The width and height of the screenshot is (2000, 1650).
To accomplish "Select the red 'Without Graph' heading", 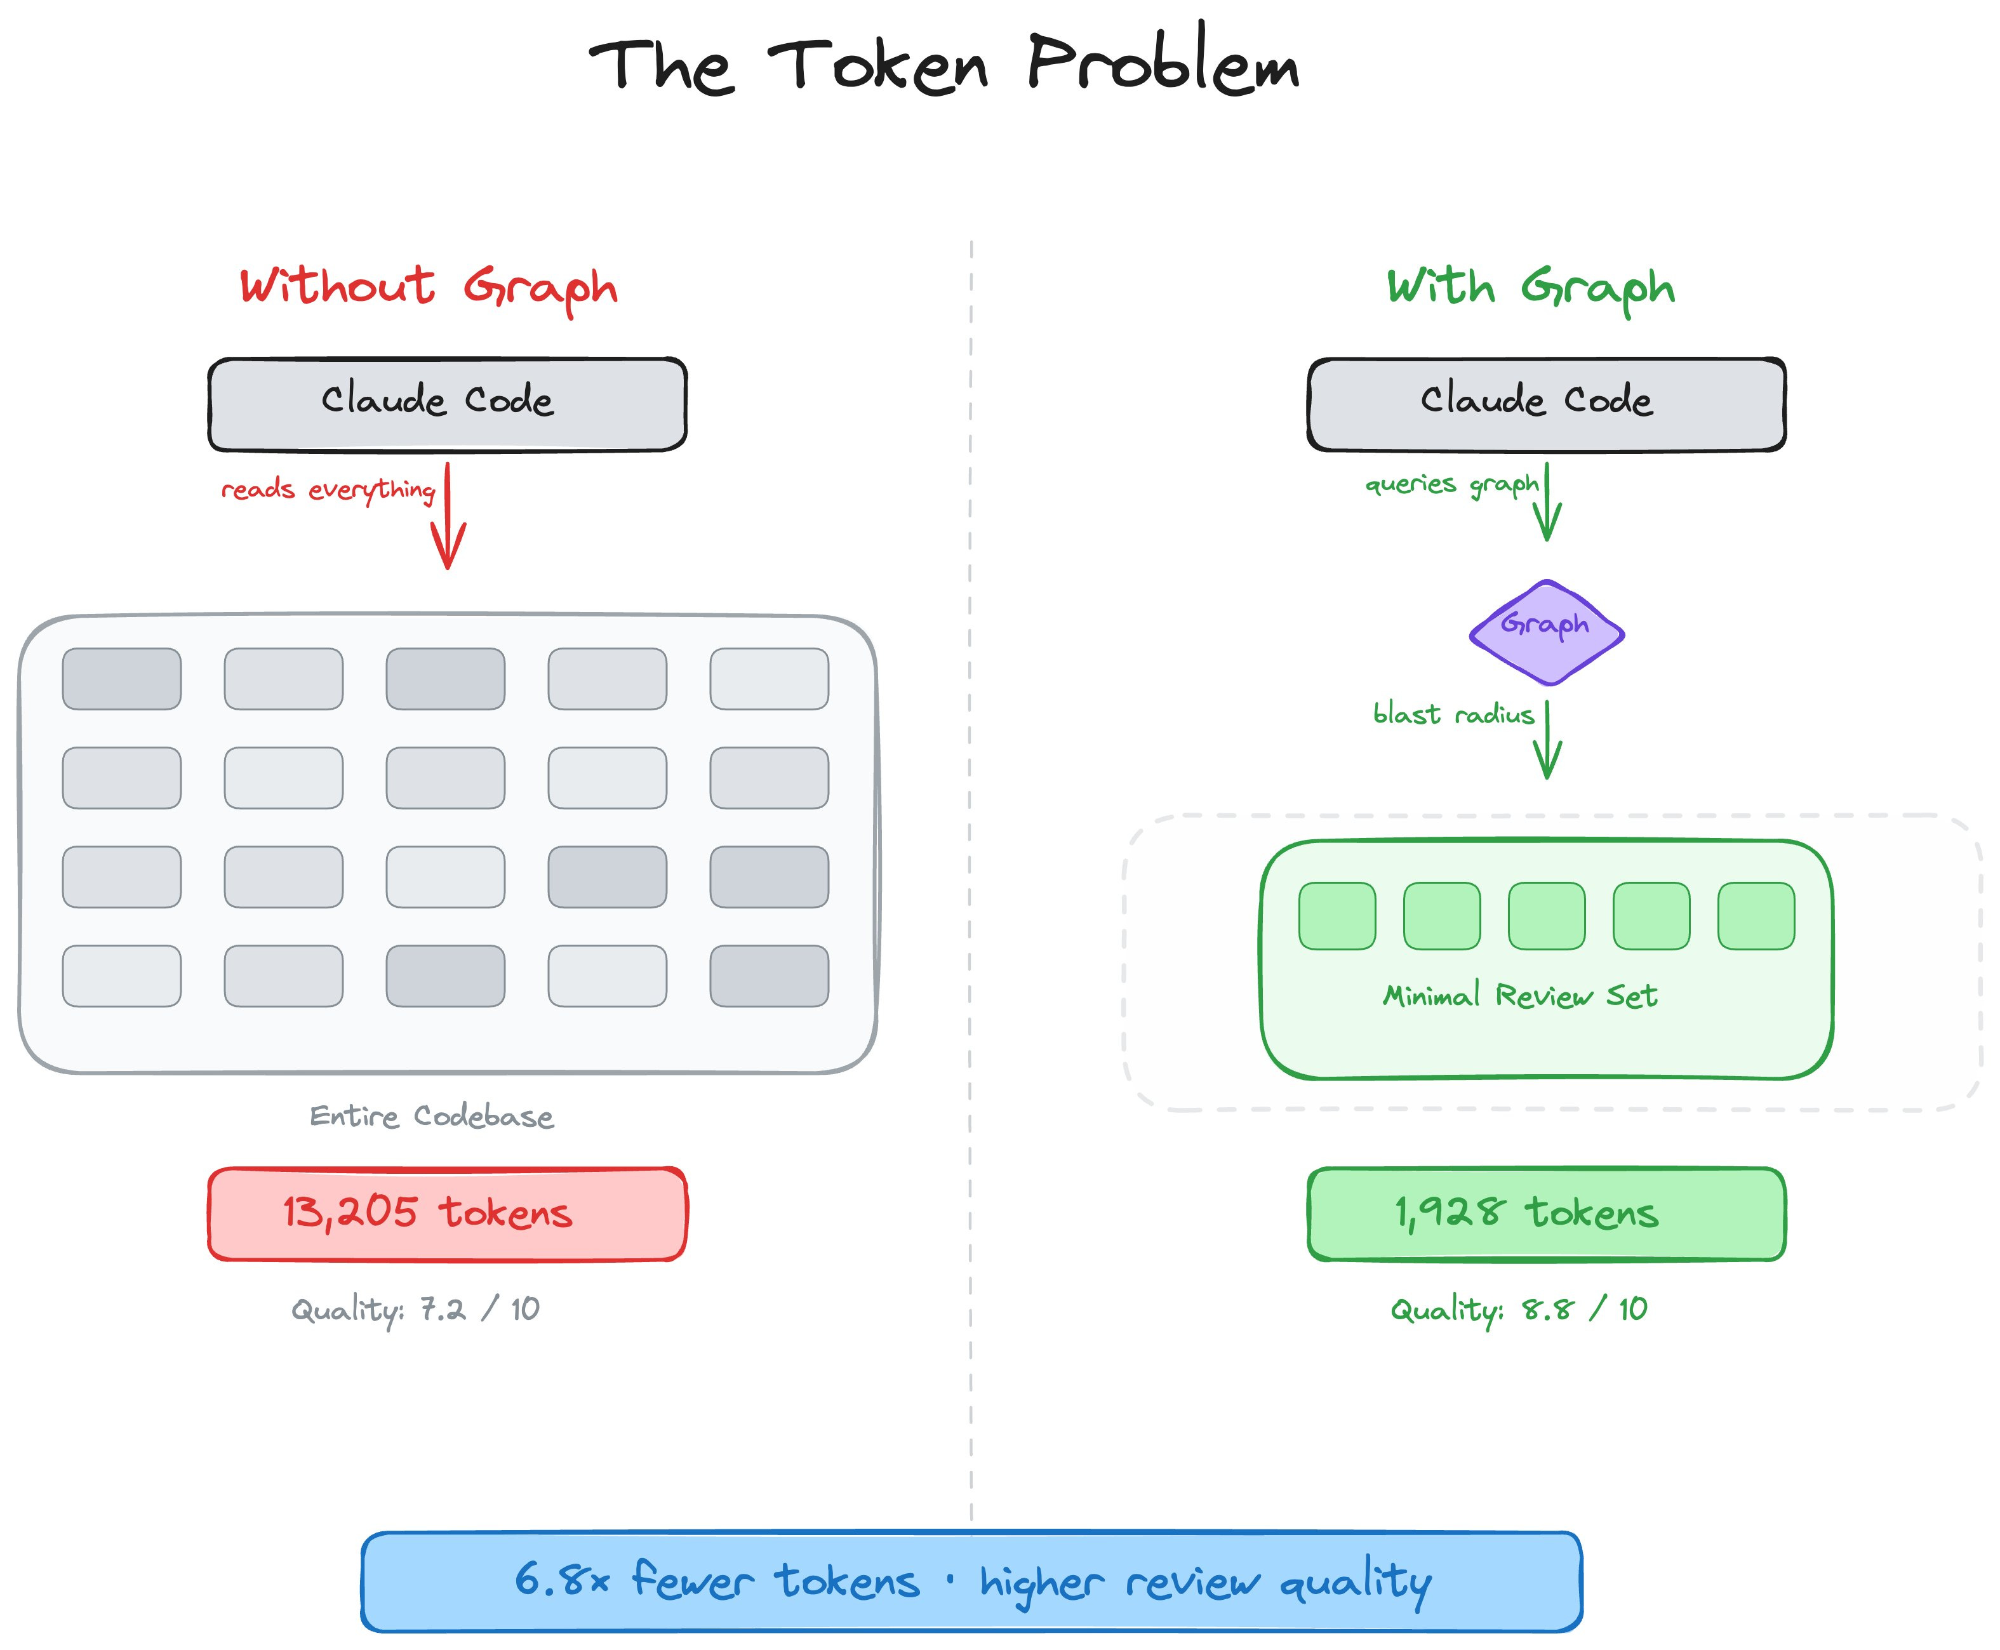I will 428,287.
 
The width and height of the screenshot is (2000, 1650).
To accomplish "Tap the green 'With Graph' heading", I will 1530,287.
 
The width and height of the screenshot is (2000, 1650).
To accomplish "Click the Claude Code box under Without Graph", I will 447,404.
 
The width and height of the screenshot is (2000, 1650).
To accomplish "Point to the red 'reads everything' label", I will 328,489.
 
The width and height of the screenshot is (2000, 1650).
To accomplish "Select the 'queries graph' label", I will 1451,485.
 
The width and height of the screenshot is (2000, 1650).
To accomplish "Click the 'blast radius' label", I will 1453,714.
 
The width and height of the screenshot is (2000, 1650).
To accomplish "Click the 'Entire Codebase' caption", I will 432,1116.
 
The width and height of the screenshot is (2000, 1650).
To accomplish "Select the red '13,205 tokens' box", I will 447,1214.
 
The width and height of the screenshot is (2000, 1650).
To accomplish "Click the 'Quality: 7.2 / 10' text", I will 415,1310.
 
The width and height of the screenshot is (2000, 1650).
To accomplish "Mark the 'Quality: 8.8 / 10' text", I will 1518,1310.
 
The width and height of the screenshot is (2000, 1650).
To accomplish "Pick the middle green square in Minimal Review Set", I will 1547,916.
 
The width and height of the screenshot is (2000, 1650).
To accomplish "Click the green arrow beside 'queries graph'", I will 1547,503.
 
